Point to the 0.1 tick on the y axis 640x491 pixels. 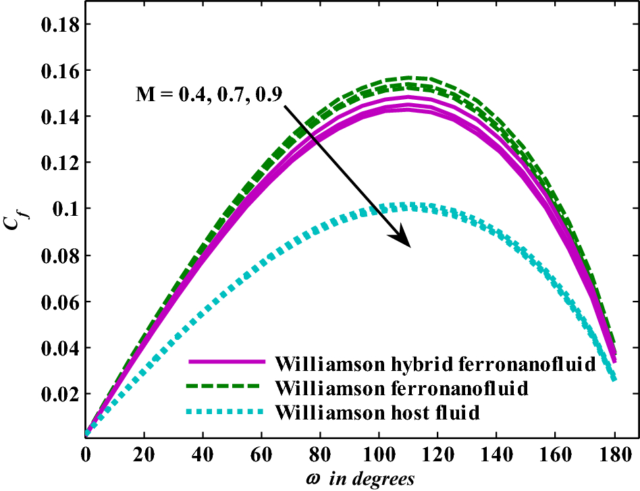click(x=66, y=209)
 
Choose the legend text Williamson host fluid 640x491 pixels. click(x=377, y=411)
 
